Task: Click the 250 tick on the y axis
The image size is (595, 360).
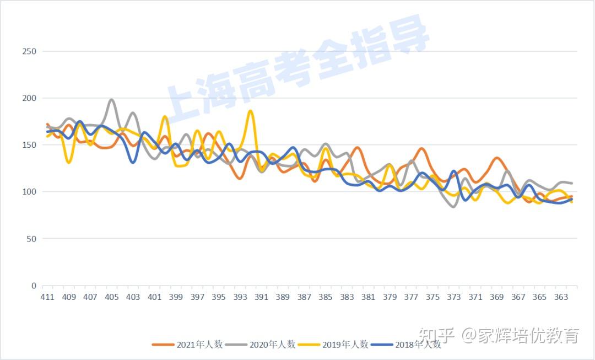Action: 29,51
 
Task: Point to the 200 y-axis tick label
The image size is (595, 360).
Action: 29,98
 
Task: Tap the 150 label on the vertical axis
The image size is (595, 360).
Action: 29,145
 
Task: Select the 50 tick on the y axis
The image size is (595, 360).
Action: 31,239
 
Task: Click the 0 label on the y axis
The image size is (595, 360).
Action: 34,286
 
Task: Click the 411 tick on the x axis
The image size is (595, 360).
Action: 47,297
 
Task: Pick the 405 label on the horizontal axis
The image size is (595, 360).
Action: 112,297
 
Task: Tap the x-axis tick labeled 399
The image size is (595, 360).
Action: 176,297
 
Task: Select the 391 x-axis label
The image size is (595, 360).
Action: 261,297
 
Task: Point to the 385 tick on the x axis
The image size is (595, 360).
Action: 326,297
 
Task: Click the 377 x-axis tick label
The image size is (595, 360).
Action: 411,297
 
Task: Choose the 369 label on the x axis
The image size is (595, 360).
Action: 496,297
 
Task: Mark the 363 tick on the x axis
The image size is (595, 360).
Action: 561,297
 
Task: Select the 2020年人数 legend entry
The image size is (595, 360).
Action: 260,345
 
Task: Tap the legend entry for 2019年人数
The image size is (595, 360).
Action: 333,345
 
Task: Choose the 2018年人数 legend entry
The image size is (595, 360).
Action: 406,345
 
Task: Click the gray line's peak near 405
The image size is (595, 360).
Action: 111,100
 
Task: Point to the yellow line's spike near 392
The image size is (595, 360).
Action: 251,111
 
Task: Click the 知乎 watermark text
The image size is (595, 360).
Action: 436,335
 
